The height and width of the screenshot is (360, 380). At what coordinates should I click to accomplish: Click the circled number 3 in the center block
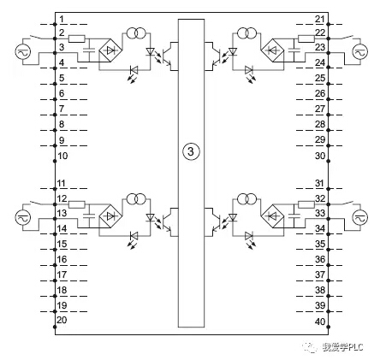click(x=191, y=151)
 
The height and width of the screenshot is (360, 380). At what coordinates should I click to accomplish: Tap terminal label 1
click(x=62, y=20)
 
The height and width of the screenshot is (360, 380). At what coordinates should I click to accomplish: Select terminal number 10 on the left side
click(x=62, y=156)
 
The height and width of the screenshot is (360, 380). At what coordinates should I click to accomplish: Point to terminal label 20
click(x=62, y=320)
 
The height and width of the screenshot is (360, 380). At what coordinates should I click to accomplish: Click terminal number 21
click(x=320, y=20)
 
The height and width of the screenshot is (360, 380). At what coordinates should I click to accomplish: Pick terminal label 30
click(x=320, y=156)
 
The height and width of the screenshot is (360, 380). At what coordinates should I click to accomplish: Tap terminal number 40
click(x=320, y=322)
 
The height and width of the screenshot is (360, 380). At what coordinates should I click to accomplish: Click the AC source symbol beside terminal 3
click(x=23, y=52)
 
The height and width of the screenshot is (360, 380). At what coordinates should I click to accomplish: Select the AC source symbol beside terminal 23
click(x=360, y=52)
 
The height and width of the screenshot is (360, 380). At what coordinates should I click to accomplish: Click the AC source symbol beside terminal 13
click(x=23, y=217)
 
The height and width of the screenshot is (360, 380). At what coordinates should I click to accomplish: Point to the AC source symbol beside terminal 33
click(x=360, y=217)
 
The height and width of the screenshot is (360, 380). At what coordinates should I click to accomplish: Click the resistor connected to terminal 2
click(x=77, y=38)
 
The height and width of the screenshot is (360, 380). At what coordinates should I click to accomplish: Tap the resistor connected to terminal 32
click(x=306, y=204)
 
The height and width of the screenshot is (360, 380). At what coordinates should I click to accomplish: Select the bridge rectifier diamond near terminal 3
click(x=110, y=50)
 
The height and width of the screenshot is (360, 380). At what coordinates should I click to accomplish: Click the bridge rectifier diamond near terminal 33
click(x=273, y=216)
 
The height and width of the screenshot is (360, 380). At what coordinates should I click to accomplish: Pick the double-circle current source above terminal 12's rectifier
click(x=136, y=198)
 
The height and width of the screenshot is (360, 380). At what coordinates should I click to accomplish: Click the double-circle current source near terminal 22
click(x=246, y=33)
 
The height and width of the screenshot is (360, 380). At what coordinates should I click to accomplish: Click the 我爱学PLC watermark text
click(x=343, y=347)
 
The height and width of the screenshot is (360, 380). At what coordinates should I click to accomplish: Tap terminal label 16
click(x=62, y=259)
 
